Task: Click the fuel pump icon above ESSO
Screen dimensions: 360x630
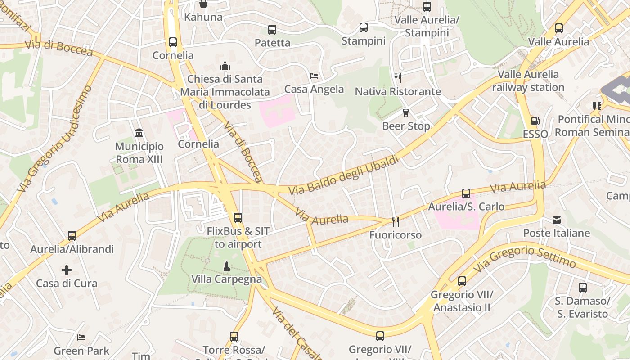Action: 535,121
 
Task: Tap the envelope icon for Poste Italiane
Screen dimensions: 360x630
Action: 557,220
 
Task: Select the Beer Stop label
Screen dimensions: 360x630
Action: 406,126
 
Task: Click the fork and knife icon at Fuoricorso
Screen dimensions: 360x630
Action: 396,221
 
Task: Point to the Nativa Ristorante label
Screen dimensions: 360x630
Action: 398,91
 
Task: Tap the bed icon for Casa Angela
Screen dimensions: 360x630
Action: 314,76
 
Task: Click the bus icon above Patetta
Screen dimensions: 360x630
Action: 272,30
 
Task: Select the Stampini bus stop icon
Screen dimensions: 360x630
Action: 364,27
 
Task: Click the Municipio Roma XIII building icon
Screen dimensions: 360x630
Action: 139,133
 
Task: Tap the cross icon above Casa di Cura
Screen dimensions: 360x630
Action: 67,270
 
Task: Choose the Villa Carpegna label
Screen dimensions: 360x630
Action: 227,279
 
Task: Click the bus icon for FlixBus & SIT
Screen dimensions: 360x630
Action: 238,218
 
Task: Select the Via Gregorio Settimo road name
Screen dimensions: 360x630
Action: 524,257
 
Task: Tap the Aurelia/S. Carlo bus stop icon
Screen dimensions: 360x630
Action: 466,193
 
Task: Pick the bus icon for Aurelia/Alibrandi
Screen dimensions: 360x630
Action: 72,236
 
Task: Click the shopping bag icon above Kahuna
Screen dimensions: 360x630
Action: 203,4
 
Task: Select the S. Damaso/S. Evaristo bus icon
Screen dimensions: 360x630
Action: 583,287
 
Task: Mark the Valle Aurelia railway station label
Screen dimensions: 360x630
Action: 528,81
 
